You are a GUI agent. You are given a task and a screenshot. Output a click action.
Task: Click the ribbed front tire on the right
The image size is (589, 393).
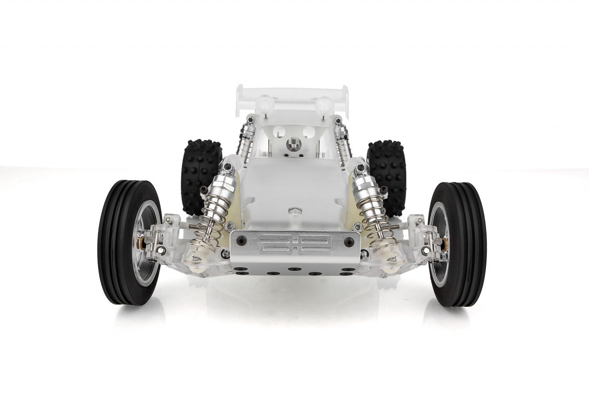469,244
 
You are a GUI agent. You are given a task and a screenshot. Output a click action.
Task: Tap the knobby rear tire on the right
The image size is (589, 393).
389,175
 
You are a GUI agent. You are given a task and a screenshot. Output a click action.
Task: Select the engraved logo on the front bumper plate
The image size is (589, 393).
295,244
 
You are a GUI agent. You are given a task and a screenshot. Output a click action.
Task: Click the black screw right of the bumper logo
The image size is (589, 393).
349,241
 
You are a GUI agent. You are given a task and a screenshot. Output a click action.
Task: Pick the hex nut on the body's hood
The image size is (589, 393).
294,211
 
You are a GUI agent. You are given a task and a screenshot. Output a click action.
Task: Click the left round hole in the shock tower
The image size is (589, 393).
279,133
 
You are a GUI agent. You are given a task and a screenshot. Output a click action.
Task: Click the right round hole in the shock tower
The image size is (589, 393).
309,133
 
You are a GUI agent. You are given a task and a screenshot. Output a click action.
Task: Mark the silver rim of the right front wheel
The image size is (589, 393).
439,244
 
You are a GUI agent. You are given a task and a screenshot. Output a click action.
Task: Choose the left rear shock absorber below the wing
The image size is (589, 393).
245,138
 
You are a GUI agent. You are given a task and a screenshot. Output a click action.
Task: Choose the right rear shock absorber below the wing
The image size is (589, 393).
343,138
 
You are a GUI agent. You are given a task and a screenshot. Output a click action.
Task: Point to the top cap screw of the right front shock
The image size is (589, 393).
360,167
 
